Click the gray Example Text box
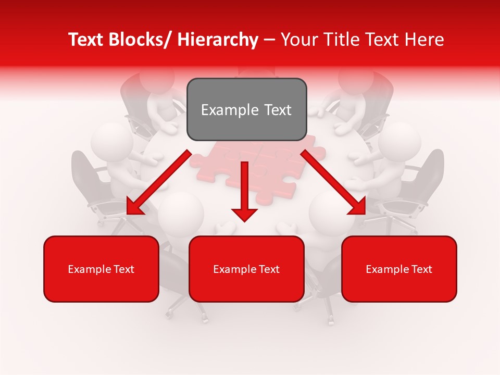pos(246,109)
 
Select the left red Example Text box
pos(101,269)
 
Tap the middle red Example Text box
pos(246,269)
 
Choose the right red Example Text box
pos(399,269)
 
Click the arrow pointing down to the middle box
pos(244,193)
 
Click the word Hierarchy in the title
pos(218,40)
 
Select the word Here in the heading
pos(424,40)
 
